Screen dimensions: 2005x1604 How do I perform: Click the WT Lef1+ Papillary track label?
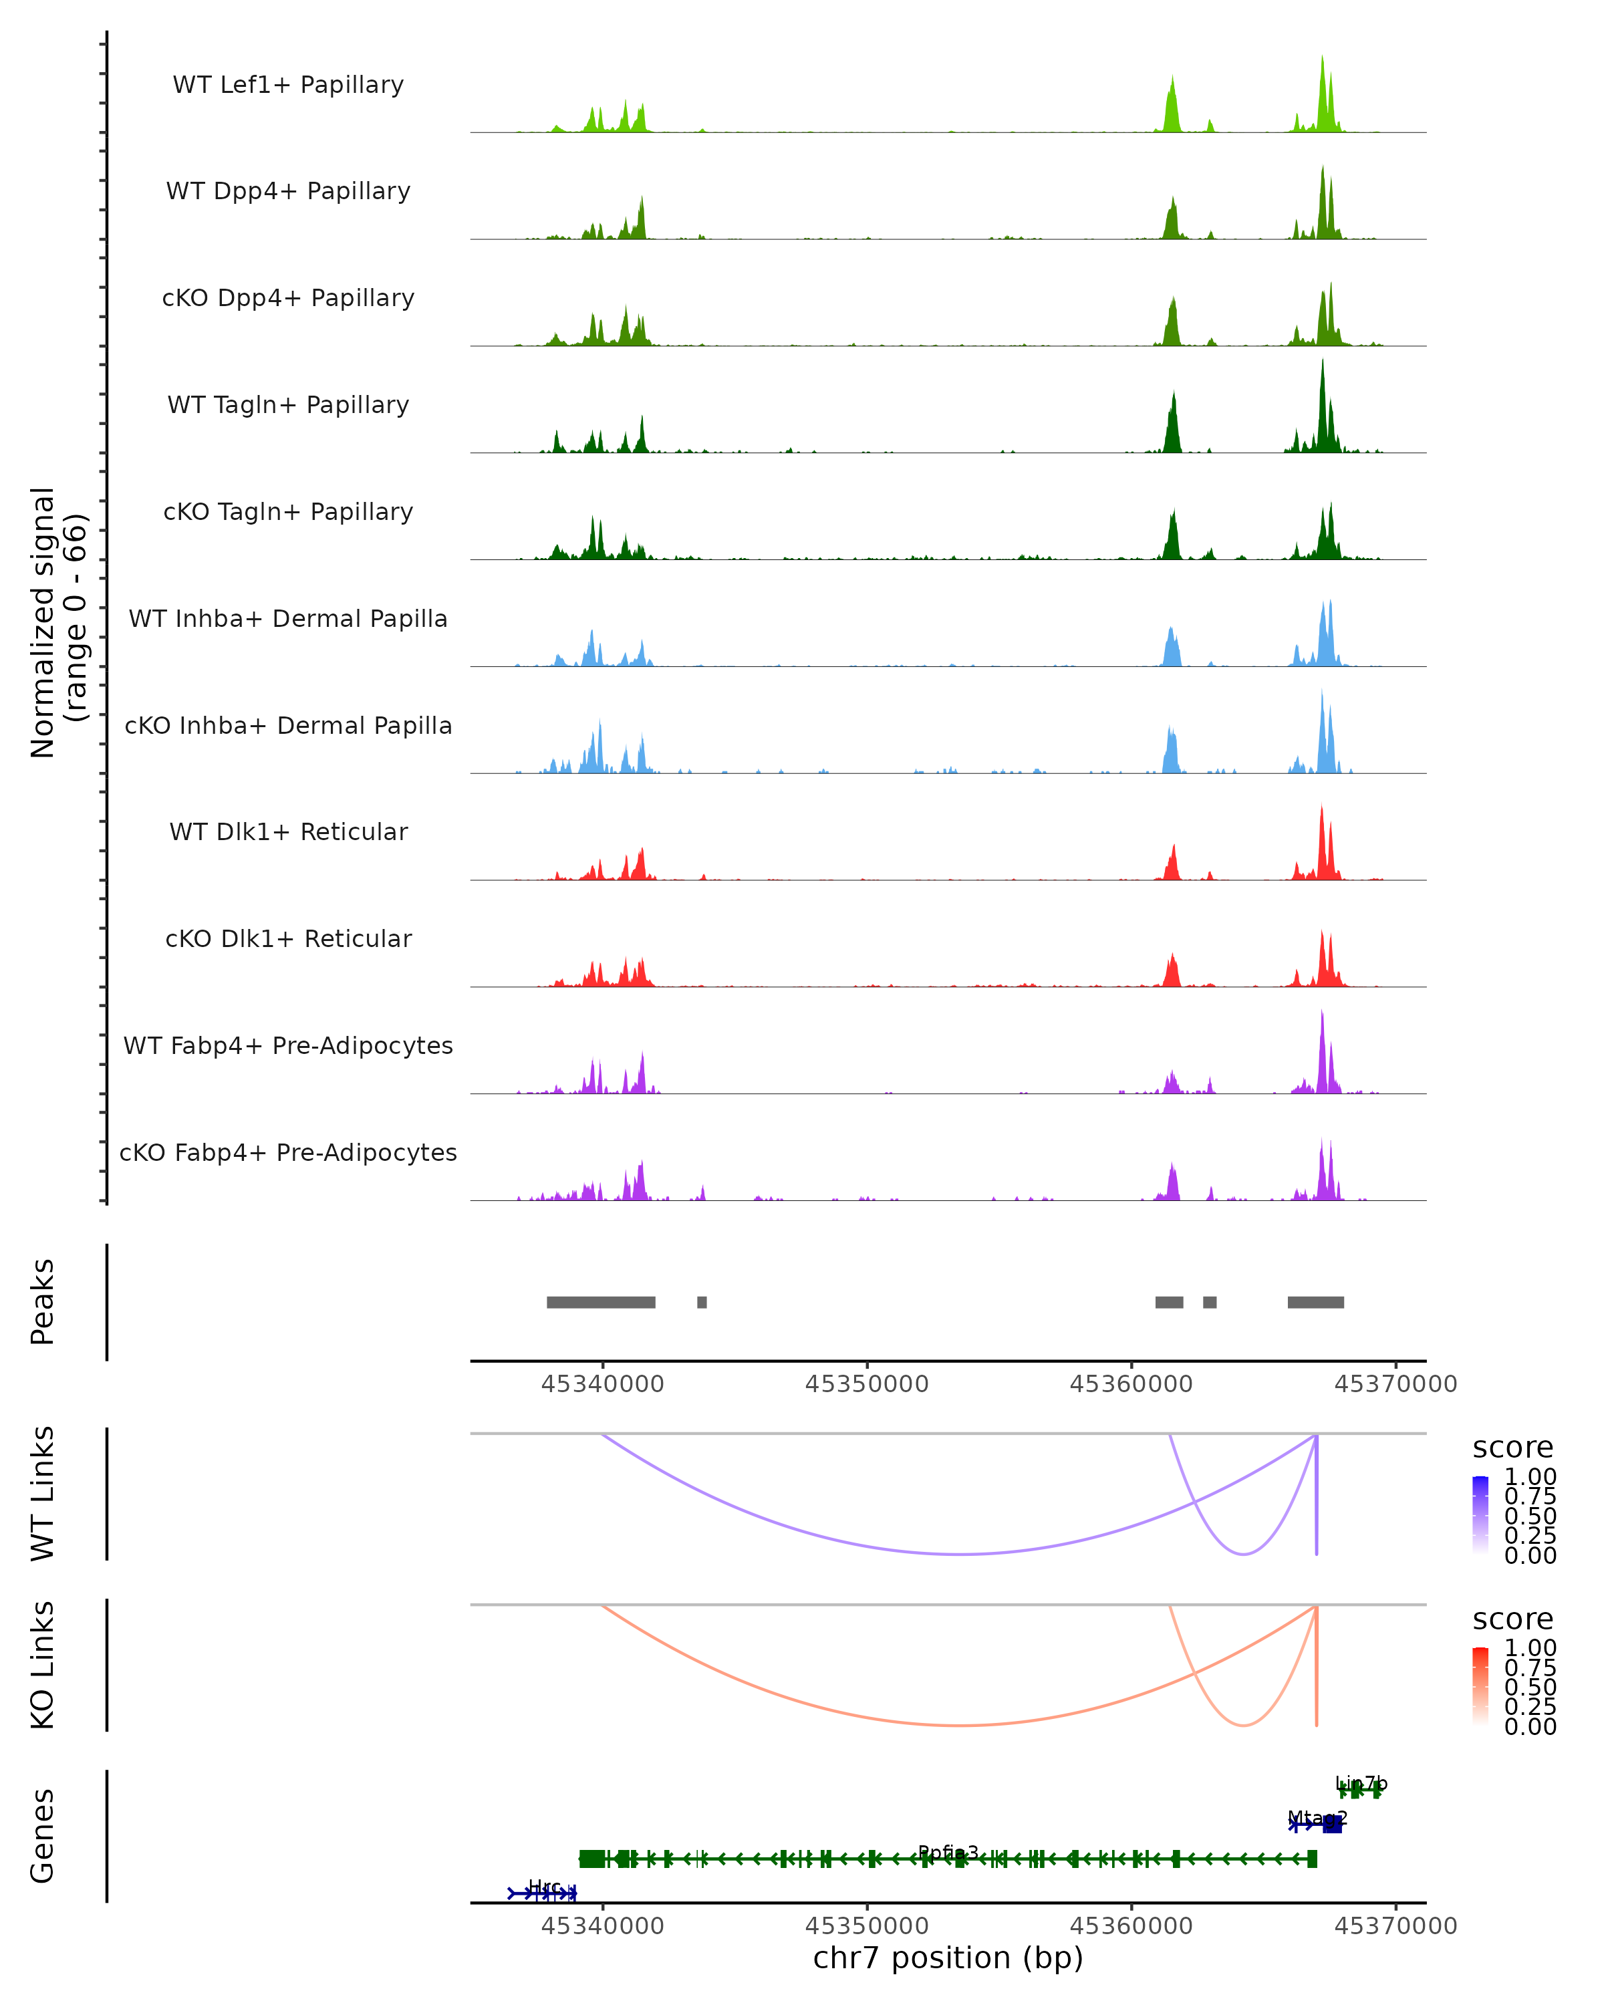click(x=288, y=85)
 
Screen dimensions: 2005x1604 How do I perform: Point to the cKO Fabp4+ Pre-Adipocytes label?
click(x=288, y=1152)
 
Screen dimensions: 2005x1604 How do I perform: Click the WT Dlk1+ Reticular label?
click(x=288, y=831)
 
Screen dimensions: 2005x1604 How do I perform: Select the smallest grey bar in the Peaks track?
click(x=702, y=1302)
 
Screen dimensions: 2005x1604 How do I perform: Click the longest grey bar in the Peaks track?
click(x=601, y=1302)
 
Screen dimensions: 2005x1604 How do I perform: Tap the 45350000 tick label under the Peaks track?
click(x=867, y=1384)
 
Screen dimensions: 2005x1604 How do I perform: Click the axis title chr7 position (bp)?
click(x=948, y=1958)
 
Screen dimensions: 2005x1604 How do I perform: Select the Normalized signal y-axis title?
click(x=57, y=622)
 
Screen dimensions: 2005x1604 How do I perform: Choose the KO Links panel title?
click(x=43, y=1665)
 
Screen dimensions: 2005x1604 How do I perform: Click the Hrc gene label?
click(x=544, y=1886)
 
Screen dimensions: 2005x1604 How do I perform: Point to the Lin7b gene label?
click(x=1360, y=1782)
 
